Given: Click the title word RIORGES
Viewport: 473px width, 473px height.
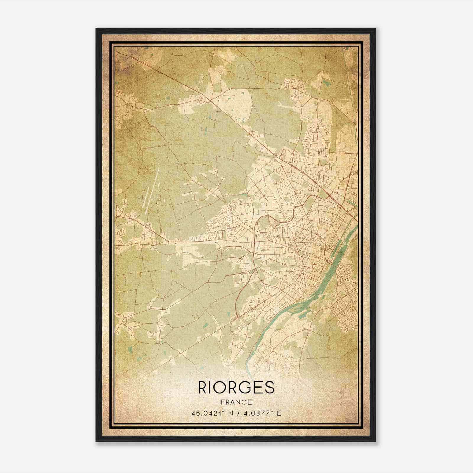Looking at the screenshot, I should point(236,387).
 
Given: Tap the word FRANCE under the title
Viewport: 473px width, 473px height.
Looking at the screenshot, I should point(236,402).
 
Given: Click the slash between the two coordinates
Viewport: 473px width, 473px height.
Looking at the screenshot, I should point(238,413).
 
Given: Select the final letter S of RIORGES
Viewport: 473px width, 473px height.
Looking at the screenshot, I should point(270,387).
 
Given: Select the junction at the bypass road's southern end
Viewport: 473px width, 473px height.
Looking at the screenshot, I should point(237,318).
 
